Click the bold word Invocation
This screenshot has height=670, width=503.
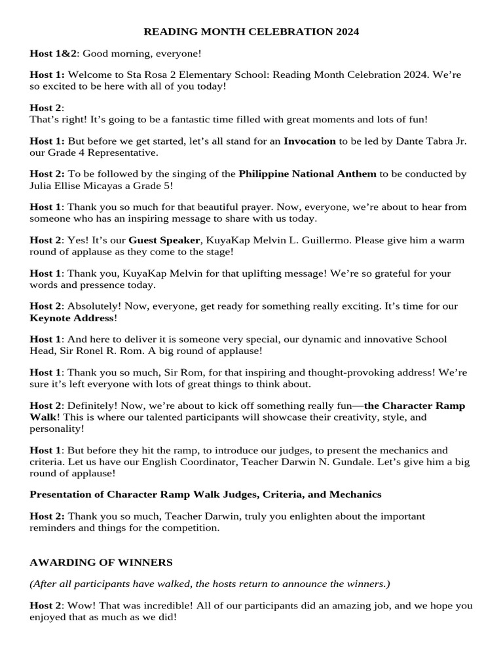(x=309, y=141)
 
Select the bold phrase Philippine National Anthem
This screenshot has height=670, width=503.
(x=307, y=173)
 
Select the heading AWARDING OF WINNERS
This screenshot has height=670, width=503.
(x=101, y=562)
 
